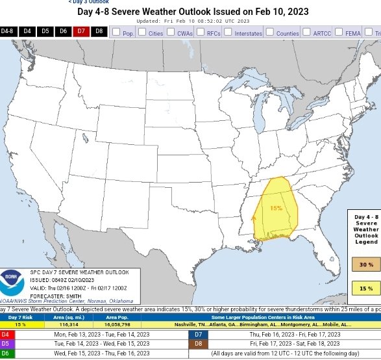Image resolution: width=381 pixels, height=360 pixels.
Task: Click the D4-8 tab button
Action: click(7, 31)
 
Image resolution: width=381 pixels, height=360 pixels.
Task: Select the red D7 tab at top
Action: click(80, 31)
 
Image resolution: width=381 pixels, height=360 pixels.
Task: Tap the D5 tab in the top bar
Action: click(45, 31)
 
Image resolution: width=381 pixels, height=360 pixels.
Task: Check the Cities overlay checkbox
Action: click(142, 32)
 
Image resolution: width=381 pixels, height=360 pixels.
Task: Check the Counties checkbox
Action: click(269, 32)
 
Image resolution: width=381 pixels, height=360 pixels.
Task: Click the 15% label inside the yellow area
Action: click(276, 208)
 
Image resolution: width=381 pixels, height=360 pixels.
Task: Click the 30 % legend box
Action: click(366, 264)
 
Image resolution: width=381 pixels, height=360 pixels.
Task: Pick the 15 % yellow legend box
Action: click(366, 289)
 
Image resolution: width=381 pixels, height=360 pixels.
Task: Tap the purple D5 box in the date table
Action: click(5, 343)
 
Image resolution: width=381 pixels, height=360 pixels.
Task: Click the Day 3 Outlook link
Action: click(89, 2)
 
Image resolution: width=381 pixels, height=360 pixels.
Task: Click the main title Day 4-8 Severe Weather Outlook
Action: click(193, 12)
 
